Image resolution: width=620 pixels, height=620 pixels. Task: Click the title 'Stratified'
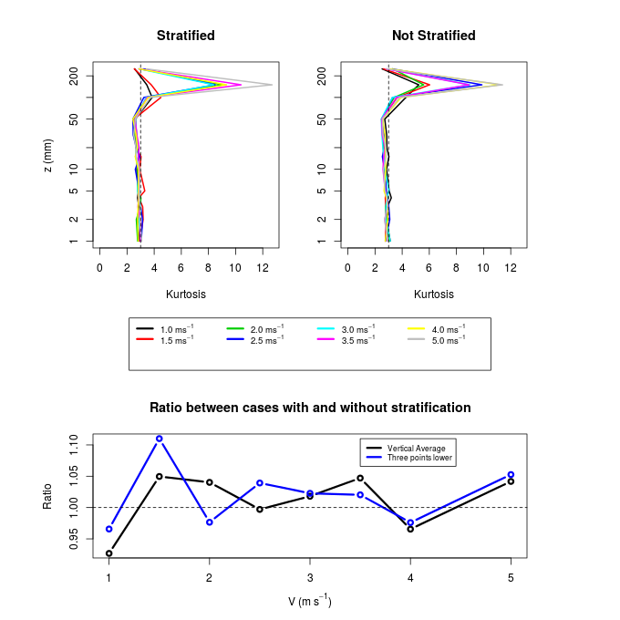pos(186,36)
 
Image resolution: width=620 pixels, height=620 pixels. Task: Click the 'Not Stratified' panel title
pos(433,36)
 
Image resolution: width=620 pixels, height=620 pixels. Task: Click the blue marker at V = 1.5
pos(160,439)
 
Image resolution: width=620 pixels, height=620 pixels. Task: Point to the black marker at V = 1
pos(109,553)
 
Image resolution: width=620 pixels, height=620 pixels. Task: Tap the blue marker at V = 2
pos(210,522)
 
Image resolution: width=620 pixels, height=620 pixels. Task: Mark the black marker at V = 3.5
pos(360,478)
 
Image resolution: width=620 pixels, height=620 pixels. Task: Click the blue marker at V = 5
pos(511,474)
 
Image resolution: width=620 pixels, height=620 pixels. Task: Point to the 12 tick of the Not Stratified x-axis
pos(511,267)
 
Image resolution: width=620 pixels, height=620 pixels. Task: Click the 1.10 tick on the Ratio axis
pos(75,444)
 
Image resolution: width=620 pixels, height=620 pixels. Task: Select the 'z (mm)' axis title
pos(48,157)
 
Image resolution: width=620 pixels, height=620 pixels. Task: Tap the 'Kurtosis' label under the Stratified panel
pos(186,294)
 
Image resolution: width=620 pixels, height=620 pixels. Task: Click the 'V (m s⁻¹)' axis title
pos(310,601)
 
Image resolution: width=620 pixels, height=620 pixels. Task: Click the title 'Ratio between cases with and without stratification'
pos(310,408)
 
